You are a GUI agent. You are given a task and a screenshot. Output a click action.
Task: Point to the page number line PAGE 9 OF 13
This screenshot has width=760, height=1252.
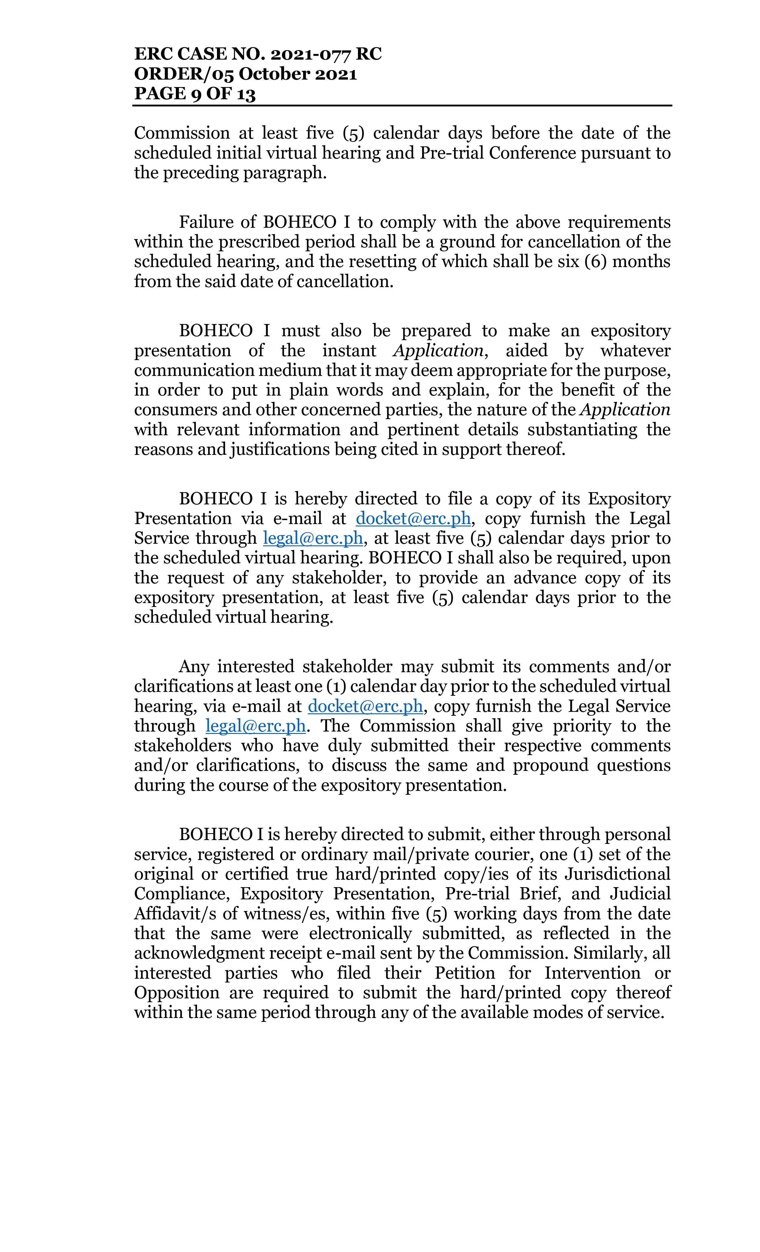(195, 94)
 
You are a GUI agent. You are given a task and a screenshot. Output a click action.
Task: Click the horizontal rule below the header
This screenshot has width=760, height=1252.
(402, 106)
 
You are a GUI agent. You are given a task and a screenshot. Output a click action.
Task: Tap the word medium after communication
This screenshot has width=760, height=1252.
(290, 371)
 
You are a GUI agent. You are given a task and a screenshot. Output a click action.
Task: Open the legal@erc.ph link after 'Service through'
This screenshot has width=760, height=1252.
(312, 538)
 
